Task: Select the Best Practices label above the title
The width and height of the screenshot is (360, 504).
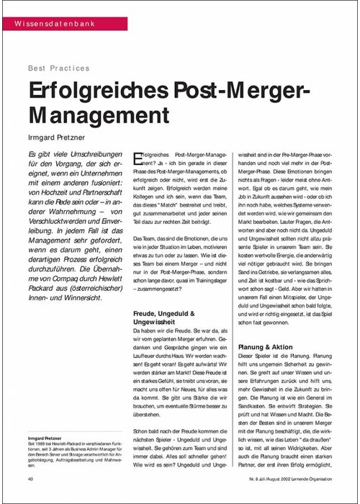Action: coord(58,68)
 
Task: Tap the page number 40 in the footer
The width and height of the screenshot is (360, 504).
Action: coord(32,478)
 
